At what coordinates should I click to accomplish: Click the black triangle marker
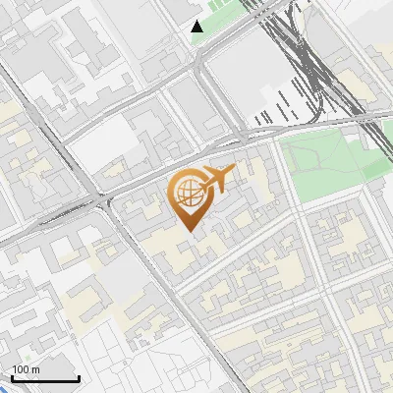[197, 27]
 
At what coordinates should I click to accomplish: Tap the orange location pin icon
[189, 196]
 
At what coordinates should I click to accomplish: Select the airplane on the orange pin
[216, 178]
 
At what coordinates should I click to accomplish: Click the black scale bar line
[45, 379]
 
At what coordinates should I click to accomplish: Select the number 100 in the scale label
[21, 369]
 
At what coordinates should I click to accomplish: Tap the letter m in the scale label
[35, 369]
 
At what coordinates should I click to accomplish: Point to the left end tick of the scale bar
[12, 377]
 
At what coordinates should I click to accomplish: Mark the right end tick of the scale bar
[79, 377]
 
